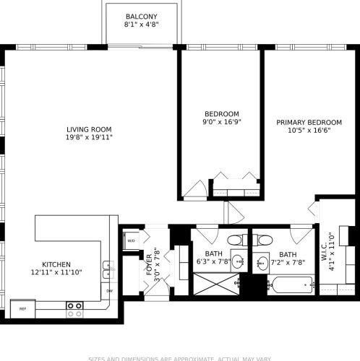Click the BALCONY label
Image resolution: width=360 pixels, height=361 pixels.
coord(141,17)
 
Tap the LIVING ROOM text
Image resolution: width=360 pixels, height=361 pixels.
coord(89,129)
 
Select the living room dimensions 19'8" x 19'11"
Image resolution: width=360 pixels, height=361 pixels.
coord(89,137)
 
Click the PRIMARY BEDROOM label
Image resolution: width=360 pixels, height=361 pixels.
coord(304,122)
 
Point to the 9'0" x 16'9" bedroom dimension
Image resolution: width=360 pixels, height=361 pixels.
coord(221,122)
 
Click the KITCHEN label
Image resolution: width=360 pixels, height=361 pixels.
coord(56,264)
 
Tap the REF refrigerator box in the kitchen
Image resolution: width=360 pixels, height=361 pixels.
coord(22,308)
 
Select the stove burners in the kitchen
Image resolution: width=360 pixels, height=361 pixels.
coord(74,310)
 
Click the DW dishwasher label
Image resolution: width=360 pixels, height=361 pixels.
coord(109,291)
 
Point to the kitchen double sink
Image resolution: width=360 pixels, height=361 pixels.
coord(107,269)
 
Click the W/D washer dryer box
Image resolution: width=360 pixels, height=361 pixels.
coord(132,240)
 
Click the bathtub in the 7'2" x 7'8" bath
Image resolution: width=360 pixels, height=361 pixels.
coord(290,284)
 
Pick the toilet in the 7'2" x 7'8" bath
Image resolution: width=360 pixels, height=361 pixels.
coord(265,240)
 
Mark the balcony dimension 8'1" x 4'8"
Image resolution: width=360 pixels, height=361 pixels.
coord(141,25)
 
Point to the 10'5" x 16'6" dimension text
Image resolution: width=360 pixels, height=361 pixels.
coord(304,131)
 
